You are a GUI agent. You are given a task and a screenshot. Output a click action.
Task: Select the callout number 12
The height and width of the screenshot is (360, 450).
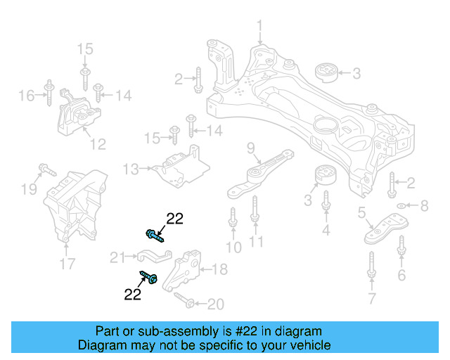[98, 145]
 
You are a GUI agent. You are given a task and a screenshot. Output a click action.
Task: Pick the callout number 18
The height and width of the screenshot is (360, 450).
[219, 269]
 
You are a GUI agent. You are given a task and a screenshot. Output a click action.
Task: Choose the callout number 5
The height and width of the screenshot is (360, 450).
[361, 212]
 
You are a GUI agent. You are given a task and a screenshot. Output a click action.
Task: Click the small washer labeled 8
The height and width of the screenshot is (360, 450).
[401, 206]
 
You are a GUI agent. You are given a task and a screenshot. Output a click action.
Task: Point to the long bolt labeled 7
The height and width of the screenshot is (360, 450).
[371, 270]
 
